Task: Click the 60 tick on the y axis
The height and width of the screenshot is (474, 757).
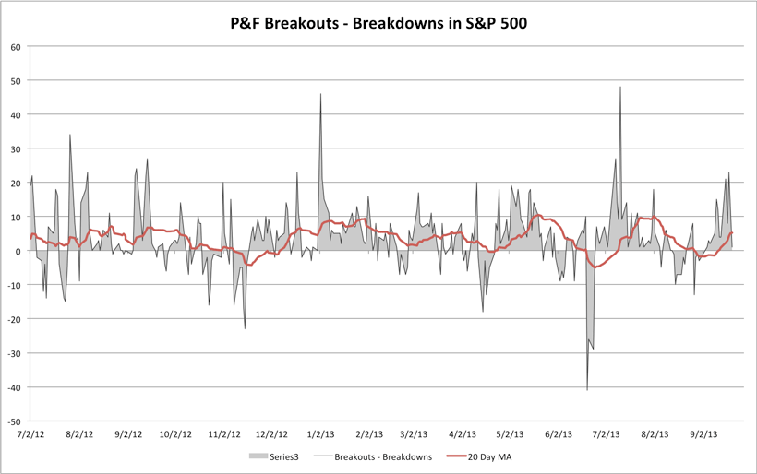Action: [x=17, y=47]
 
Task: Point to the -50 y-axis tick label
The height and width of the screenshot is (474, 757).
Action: [x=15, y=421]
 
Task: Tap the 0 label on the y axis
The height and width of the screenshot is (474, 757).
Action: [x=19, y=251]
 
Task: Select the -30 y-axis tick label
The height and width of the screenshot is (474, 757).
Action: [x=15, y=353]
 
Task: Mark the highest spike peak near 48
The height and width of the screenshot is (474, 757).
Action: [x=620, y=87]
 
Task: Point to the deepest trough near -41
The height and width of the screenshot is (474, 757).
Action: [x=587, y=390]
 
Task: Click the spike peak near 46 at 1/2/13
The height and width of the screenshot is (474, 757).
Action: [x=320, y=94]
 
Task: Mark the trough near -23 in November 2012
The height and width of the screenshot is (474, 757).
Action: [x=245, y=328]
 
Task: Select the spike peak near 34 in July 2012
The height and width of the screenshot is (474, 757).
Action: [x=70, y=135]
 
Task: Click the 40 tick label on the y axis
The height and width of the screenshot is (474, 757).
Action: [x=17, y=115]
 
